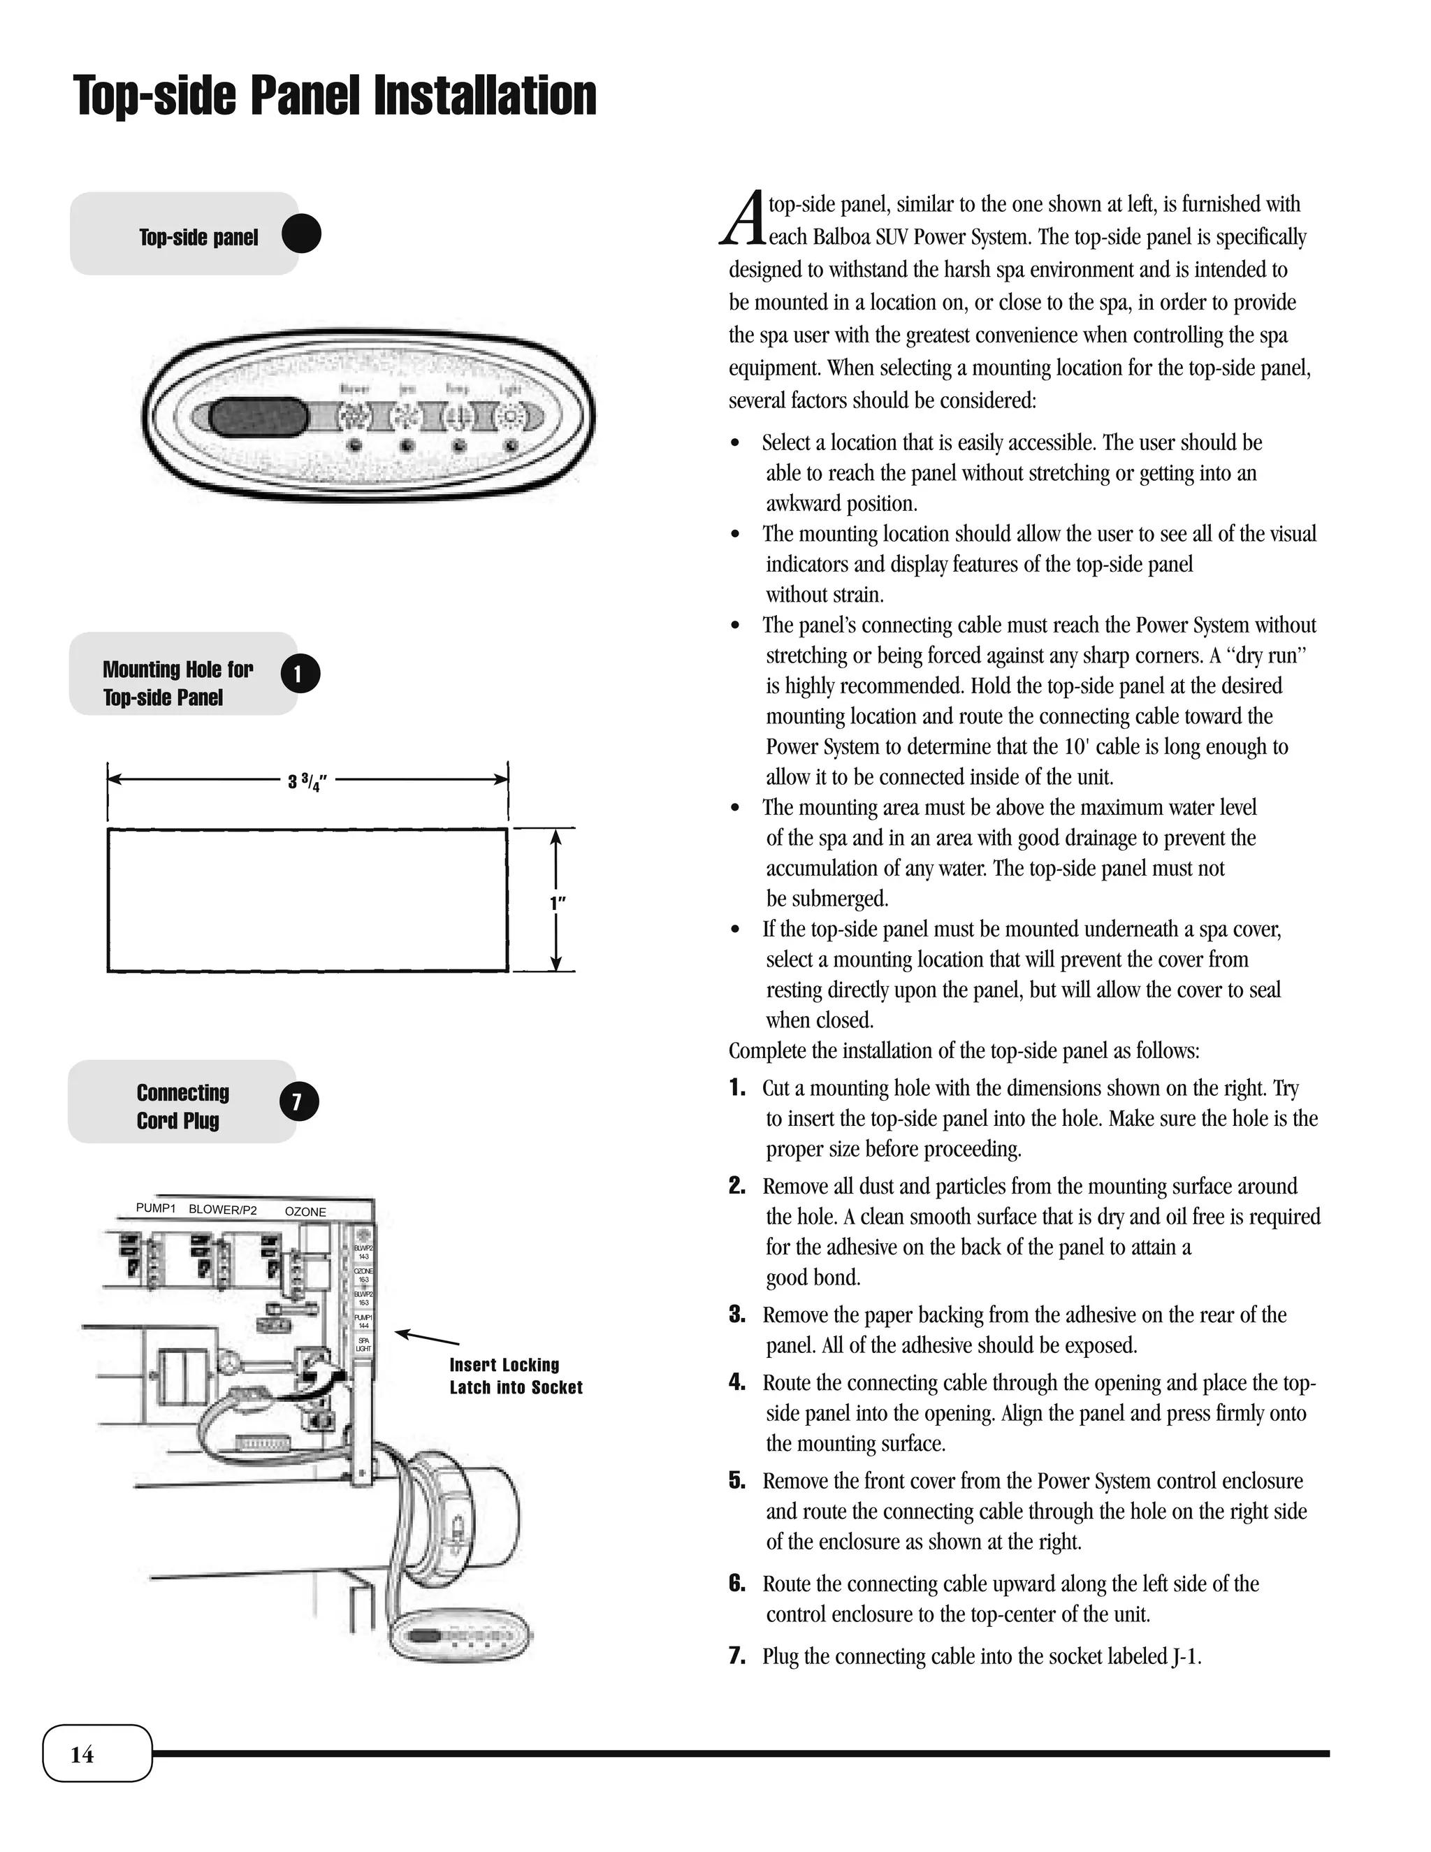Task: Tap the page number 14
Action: pyautogui.click(x=82, y=1754)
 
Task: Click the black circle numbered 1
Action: pyautogui.click(x=299, y=674)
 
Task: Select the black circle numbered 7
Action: pyautogui.click(x=298, y=1101)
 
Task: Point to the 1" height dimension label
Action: pyautogui.click(x=557, y=902)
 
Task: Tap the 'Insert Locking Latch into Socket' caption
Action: pyautogui.click(x=516, y=1375)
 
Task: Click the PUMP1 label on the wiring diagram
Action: pyautogui.click(x=155, y=1208)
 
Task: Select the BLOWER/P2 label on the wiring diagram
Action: pyautogui.click(x=222, y=1210)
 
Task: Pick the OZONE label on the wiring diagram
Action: pyautogui.click(x=305, y=1212)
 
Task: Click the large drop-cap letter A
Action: pyautogui.click(x=743, y=219)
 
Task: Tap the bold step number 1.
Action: pyautogui.click(x=736, y=1088)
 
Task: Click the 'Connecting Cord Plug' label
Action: pyautogui.click(x=182, y=1106)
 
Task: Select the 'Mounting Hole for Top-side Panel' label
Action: pyautogui.click(x=177, y=683)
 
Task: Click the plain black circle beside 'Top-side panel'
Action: pyautogui.click(x=301, y=234)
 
